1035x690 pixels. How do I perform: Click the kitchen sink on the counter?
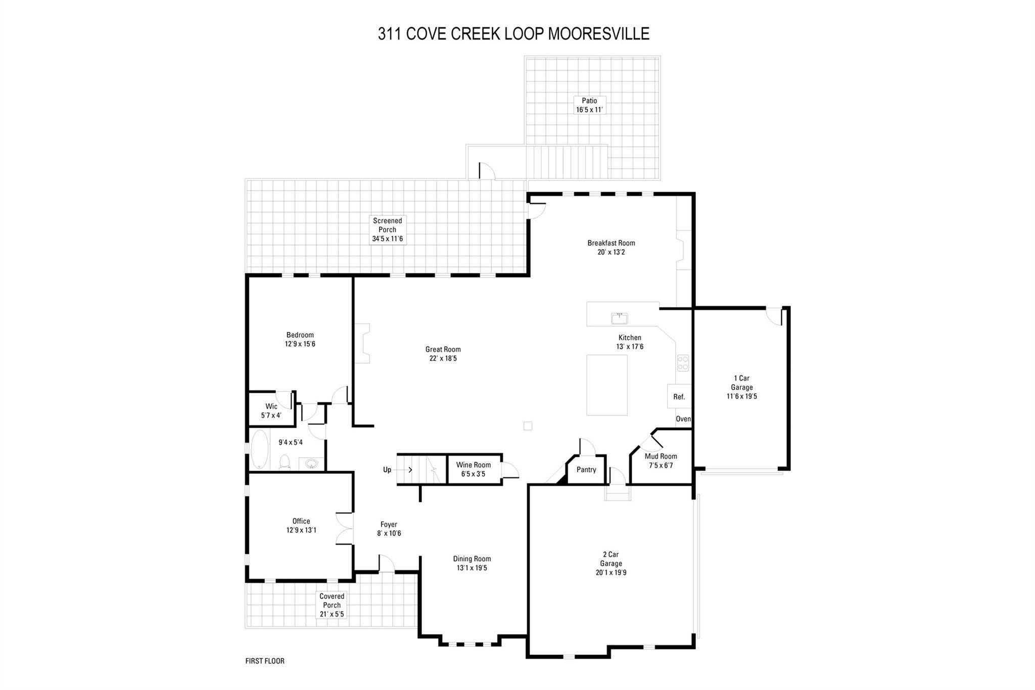pyautogui.click(x=619, y=318)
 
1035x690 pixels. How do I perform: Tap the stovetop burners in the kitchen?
pyautogui.click(x=682, y=362)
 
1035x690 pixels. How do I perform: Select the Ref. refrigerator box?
pyautogui.click(x=679, y=396)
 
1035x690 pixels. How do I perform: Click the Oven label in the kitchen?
pyautogui.click(x=683, y=419)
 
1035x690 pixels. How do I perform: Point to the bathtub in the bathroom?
pyautogui.click(x=260, y=449)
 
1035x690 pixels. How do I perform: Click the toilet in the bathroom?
pyautogui.click(x=285, y=462)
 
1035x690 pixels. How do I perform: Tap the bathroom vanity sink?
pyautogui.click(x=311, y=464)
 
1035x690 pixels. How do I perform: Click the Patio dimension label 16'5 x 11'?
pyautogui.click(x=589, y=110)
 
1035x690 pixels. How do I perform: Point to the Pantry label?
pyautogui.click(x=586, y=470)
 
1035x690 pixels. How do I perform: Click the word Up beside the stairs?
pyautogui.click(x=387, y=470)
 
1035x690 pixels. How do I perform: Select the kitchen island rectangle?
pyautogui.click(x=607, y=385)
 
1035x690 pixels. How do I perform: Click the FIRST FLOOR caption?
pyautogui.click(x=265, y=661)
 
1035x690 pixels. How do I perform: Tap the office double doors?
pyautogui.click(x=345, y=529)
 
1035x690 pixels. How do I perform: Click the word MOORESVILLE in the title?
pyautogui.click(x=599, y=33)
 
